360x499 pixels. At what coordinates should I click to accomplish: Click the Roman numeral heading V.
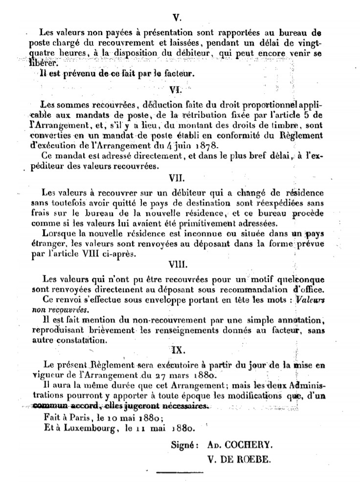(x=177, y=18)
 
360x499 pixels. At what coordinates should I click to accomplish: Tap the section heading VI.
(x=176, y=89)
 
